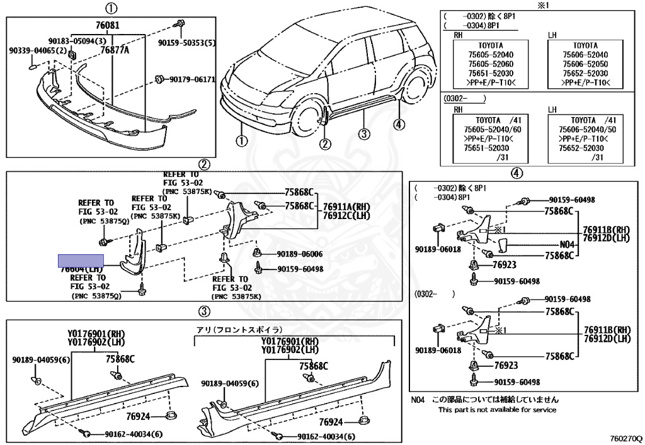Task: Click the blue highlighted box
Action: click(81, 260)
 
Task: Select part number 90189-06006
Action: click(299, 254)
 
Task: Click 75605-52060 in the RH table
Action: click(488, 64)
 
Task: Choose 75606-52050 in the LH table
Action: click(585, 64)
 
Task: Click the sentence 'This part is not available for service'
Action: click(497, 410)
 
